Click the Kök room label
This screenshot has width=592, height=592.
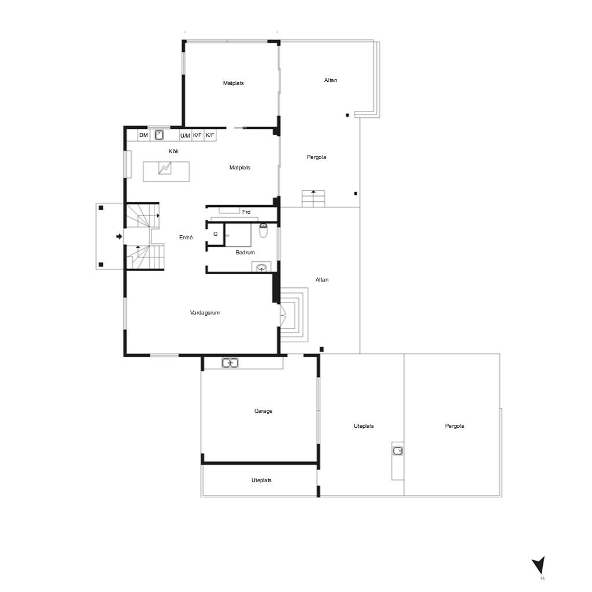[x=173, y=151]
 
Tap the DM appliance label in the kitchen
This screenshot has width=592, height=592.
[x=143, y=135]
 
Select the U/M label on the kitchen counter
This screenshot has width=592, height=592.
[x=185, y=135]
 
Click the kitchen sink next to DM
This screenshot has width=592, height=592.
[x=160, y=135]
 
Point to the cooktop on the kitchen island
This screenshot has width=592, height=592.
[x=165, y=168]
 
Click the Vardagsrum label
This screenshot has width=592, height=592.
[x=205, y=313]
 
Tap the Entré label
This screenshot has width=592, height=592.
[x=186, y=238]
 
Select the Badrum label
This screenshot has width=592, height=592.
[x=245, y=253]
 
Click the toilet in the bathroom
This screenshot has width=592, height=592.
[x=263, y=230]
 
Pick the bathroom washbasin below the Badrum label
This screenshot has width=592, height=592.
[x=261, y=267]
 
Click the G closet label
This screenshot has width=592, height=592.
[x=216, y=234]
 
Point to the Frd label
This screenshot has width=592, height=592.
[x=246, y=212]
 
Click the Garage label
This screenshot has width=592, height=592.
[x=263, y=411]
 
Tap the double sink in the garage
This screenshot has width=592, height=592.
[x=230, y=363]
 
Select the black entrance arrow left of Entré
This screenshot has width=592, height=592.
[x=119, y=236]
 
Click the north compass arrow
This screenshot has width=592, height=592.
[x=539, y=565]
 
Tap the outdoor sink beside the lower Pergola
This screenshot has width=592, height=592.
[x=398, y=451]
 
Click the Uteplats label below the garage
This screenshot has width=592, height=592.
[x=262, y=480]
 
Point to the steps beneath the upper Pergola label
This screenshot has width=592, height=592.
[x=313, y=199]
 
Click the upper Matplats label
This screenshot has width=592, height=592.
[x=234, y=83]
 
